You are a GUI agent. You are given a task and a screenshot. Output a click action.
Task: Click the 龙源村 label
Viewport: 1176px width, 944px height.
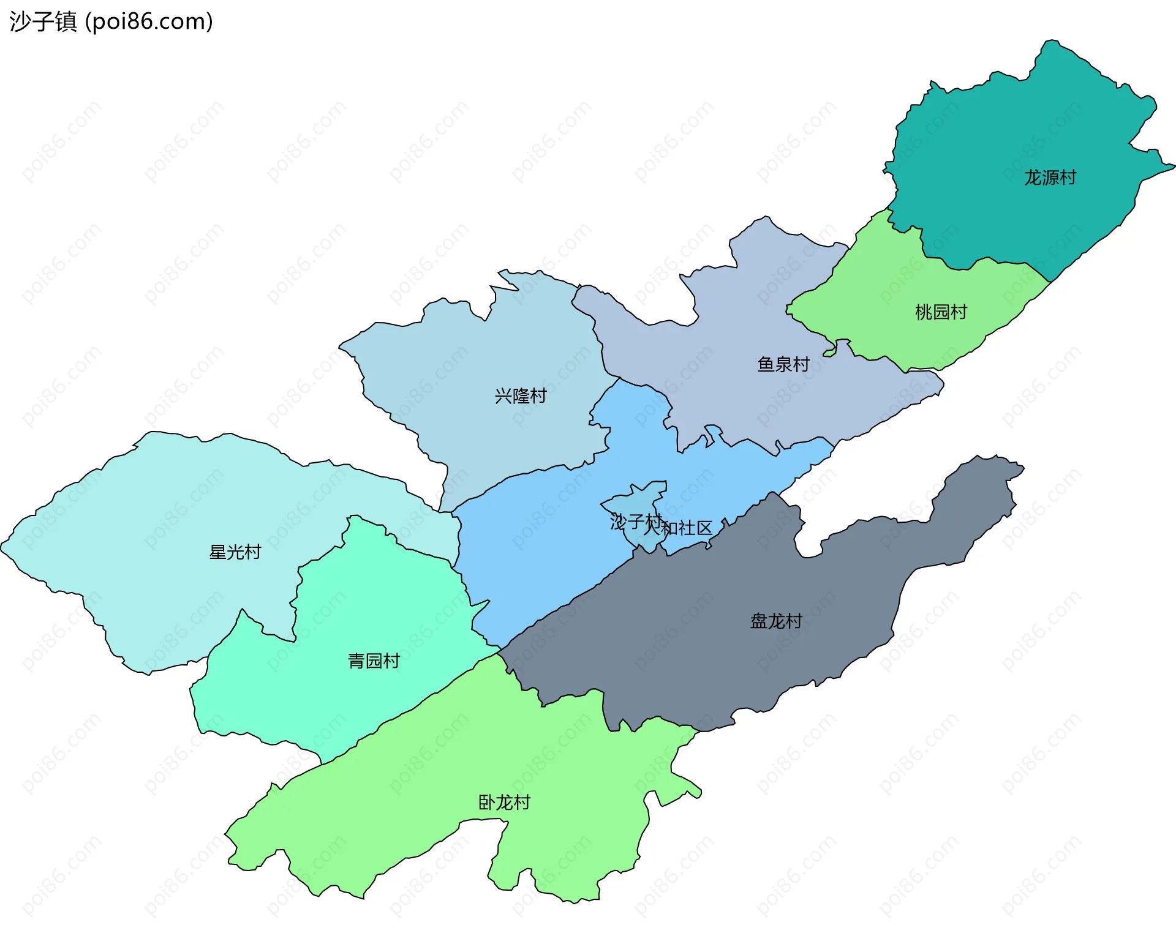tap(1050, 178)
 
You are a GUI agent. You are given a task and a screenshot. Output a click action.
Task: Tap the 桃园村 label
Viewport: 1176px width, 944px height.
tap(941, 312)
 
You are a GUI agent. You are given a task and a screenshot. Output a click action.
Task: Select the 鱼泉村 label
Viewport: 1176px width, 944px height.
tap(783, 364)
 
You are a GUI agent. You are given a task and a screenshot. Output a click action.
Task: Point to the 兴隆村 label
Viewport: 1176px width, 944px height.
tap(521, 396)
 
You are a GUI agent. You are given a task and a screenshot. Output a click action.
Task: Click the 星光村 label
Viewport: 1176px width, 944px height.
tap(235, 552)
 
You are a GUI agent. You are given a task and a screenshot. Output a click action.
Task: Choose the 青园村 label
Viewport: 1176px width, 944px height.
tap(374, 661)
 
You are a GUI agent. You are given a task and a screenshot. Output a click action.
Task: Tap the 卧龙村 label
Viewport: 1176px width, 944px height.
tap(504, 803)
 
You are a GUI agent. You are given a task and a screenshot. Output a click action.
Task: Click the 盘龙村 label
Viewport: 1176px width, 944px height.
tap(776, 621)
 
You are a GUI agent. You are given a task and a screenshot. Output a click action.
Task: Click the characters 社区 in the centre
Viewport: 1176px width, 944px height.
tap(696, 528)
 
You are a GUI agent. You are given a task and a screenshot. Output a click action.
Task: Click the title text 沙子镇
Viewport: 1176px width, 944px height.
tap(43, 22)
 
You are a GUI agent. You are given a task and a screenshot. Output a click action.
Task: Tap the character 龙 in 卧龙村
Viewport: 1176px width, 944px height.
tap(504, 803)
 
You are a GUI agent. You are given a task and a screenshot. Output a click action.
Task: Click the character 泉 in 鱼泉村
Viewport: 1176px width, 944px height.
tap(783, 364)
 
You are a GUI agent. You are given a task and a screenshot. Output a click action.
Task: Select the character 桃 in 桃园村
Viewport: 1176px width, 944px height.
tap(924, 312)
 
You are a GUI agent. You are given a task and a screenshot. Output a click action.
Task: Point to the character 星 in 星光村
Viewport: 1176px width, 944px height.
tap(218, 552)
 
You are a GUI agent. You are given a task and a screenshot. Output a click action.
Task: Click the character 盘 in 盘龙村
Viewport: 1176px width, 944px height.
tap(759, 621)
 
